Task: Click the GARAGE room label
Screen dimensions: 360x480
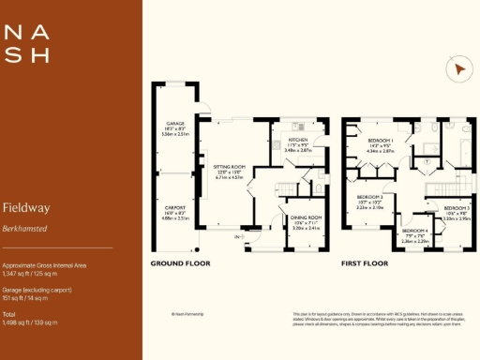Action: [175, 123]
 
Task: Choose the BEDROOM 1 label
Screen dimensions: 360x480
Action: [381, 139]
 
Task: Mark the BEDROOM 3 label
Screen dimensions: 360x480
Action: [457, 207]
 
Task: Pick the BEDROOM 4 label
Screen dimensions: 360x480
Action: [415, 231]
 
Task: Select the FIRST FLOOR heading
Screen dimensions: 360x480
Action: [365, 264]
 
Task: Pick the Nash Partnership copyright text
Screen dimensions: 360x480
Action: [188, 315]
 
